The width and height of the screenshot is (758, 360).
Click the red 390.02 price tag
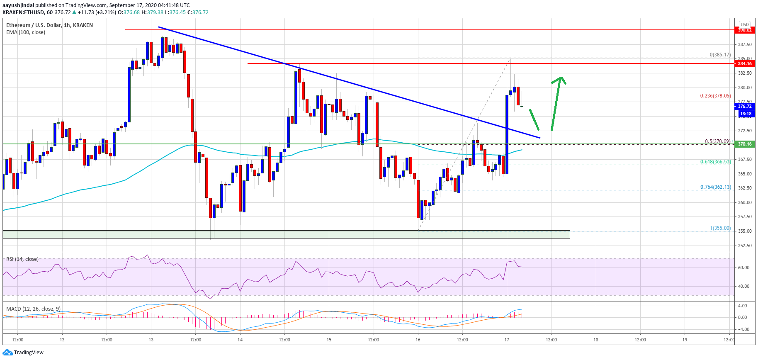744,30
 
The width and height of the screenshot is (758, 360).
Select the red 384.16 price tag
744,63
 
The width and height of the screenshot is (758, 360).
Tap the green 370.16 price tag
744,144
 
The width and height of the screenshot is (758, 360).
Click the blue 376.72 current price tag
744,106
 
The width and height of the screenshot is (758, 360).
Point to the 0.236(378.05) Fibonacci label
715,96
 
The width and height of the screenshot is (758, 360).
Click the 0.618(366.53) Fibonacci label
715,162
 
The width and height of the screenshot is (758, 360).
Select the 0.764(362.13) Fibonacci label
715,187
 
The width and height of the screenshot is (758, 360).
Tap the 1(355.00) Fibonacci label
720,228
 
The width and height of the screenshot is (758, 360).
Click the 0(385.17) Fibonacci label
720,55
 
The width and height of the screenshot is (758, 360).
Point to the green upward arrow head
561,78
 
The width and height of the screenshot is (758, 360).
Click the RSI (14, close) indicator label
22,259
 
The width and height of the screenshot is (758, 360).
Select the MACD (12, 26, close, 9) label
33,309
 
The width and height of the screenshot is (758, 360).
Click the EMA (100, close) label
26,32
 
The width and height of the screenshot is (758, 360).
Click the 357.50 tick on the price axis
745,217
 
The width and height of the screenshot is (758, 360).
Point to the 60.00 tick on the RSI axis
743,268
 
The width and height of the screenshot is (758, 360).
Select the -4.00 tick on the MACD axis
742,330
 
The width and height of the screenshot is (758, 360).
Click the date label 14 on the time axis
240,340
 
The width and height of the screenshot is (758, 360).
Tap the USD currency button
745,24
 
